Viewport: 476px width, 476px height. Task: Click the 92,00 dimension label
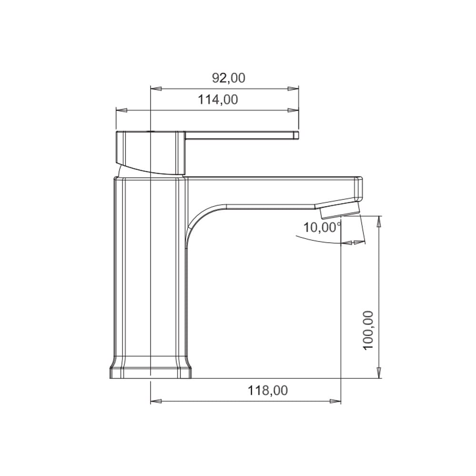pyautogui.click(x=228, y=78)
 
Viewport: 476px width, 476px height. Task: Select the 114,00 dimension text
pyautogui.click(x=218, y=99)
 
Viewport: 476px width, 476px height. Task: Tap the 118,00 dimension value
pyautogui.click(x=268, y=390)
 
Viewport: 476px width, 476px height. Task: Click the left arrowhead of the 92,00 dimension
pyautogui.click(x=156, y=89)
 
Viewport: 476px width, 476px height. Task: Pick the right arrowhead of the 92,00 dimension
pyautogui.click(x=293, y=89)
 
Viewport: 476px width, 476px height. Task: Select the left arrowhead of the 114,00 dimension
pyautogui.click(x=121, y=110)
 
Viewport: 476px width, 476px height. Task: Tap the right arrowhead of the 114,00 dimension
pyautogui.click(x=293, y=110)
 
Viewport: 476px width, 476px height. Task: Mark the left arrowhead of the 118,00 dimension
pyautogui.click(x=156, y=401)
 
